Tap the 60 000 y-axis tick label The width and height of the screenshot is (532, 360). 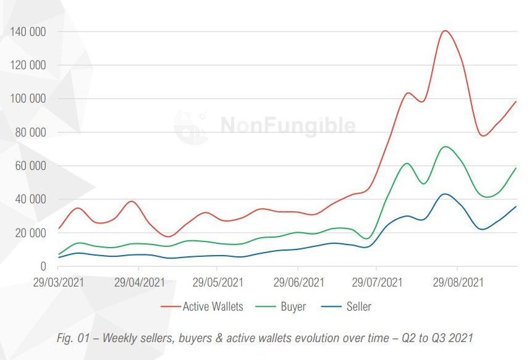[x=31, y=166]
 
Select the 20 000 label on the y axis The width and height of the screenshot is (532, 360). [x=31, y=233]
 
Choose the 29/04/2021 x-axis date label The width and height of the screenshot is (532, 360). [x=140, y=282]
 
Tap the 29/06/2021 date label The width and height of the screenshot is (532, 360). [x=298, y=282]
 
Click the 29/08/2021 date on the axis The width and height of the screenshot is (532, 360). [x=458, y=282]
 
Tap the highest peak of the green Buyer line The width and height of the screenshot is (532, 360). [x=445, y=146]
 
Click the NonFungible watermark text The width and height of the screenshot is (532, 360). [x=288, y=126]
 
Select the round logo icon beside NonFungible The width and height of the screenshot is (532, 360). [x=190, y=126]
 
